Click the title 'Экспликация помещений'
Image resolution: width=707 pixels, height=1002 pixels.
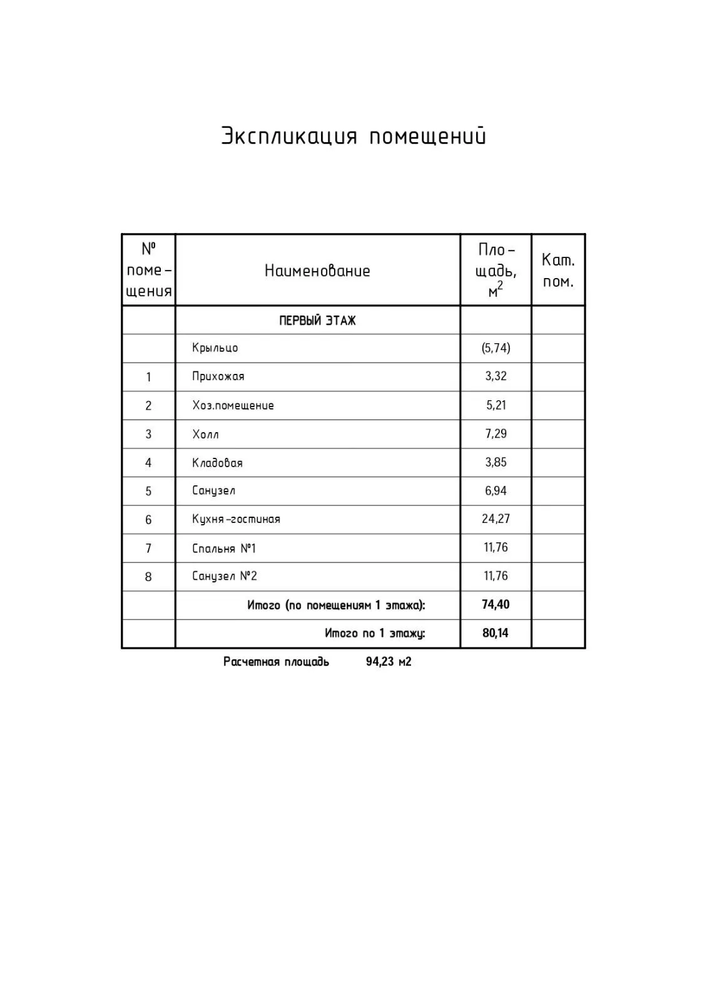coord(353,136)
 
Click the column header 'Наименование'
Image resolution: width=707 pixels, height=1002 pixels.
coord(317,271)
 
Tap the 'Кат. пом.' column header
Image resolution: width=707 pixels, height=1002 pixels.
coord(557,271)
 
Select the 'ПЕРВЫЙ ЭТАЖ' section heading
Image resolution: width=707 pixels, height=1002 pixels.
coord(317,321)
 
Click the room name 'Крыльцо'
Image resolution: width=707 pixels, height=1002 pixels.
coord(215,348)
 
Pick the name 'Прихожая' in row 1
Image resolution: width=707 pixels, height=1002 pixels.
coord(218,376)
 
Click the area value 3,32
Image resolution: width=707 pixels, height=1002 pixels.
coord(496,376)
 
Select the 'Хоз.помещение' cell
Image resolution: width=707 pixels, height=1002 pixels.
coord(233,405)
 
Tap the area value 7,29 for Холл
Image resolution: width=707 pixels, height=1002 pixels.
coord(496,433)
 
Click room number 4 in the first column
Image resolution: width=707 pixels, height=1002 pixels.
coord(148,463)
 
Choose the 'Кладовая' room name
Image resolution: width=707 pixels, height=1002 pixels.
coord(217,463)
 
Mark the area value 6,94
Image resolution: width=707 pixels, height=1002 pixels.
coord(496,491)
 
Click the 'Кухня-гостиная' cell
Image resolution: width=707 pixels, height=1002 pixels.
coord(236,519)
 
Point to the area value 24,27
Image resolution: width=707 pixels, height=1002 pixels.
coord(496,519)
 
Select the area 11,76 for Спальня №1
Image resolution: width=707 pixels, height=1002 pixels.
coord(496,548)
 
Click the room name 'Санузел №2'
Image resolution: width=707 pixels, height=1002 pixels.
coord(225,576)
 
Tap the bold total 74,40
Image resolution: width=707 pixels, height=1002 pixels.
coord(496,605)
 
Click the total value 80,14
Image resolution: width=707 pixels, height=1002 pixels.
coord(496,633)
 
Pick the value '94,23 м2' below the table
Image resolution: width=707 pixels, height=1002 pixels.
coord(389,662)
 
